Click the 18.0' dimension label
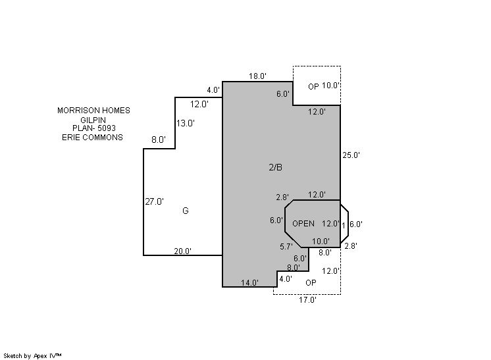(257, 76)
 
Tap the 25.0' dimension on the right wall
(351, 155)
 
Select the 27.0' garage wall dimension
(154, 202)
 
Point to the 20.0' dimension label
(182, 251)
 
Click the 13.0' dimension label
(186, 123)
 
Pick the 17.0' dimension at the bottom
(307, 299)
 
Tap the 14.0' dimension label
(249, 283)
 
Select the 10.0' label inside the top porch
(331, 86)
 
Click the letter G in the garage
(186, 211)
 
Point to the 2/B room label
(276, 167)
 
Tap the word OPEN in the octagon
(303, 224)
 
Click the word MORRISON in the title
(74, 111)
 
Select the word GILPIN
(93, 120)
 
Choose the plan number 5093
(106, 128)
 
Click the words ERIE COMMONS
(92, 138)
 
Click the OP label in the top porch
(313, 87)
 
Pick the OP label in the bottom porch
(311, 283)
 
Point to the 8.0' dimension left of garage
(159, 140)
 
